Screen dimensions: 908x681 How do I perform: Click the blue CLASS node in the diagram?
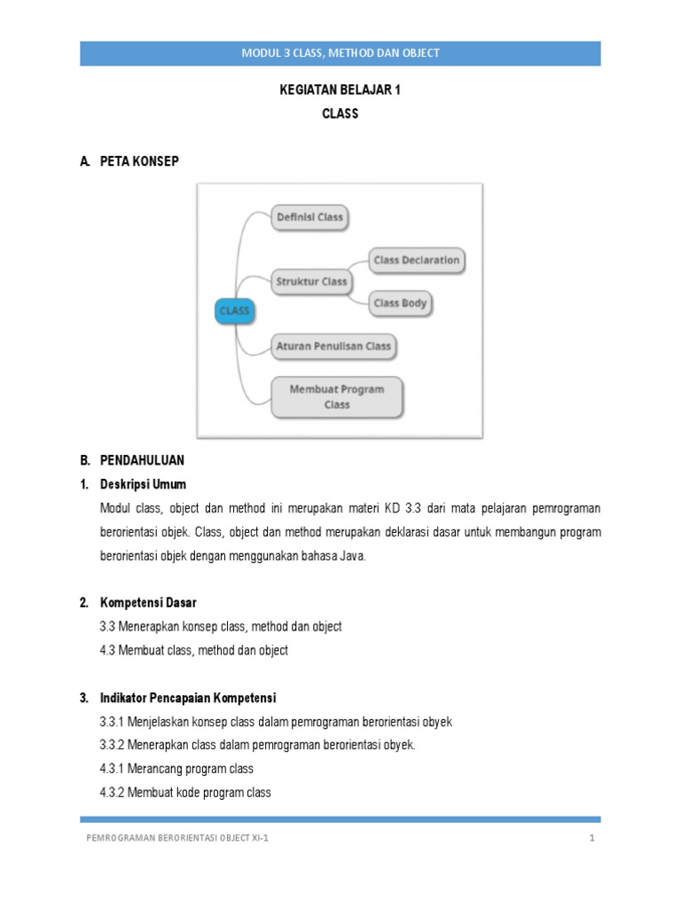coord(234,311)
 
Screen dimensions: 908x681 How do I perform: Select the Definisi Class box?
coord(309,217)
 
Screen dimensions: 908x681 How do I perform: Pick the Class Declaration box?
coord(416,261)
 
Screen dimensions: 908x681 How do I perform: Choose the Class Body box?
coord(400,303)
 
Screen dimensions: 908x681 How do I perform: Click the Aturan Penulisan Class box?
coord(333,347)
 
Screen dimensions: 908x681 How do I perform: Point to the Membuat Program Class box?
coord(336,397)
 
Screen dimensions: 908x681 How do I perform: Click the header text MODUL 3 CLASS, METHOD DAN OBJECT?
coord(340,53)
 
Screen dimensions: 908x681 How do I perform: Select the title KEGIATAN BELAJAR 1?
coord(340,91)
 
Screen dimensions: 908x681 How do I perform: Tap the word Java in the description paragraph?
coord(351,556)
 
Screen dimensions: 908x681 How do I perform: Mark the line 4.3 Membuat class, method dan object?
coord(194,650)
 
